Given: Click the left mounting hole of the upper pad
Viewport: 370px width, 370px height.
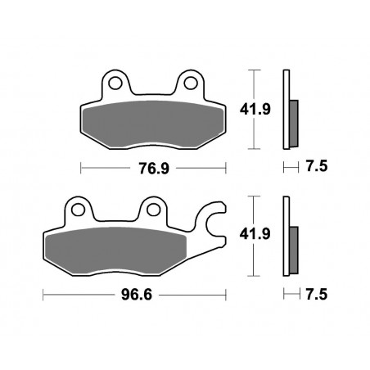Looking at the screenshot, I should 115,82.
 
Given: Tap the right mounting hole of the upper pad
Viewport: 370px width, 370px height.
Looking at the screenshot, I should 191,82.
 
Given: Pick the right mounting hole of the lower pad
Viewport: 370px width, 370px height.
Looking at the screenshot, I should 152,209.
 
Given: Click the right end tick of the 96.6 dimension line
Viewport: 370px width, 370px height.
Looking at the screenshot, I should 225,293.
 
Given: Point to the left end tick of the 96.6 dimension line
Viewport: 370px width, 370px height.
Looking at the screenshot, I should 42,293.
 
